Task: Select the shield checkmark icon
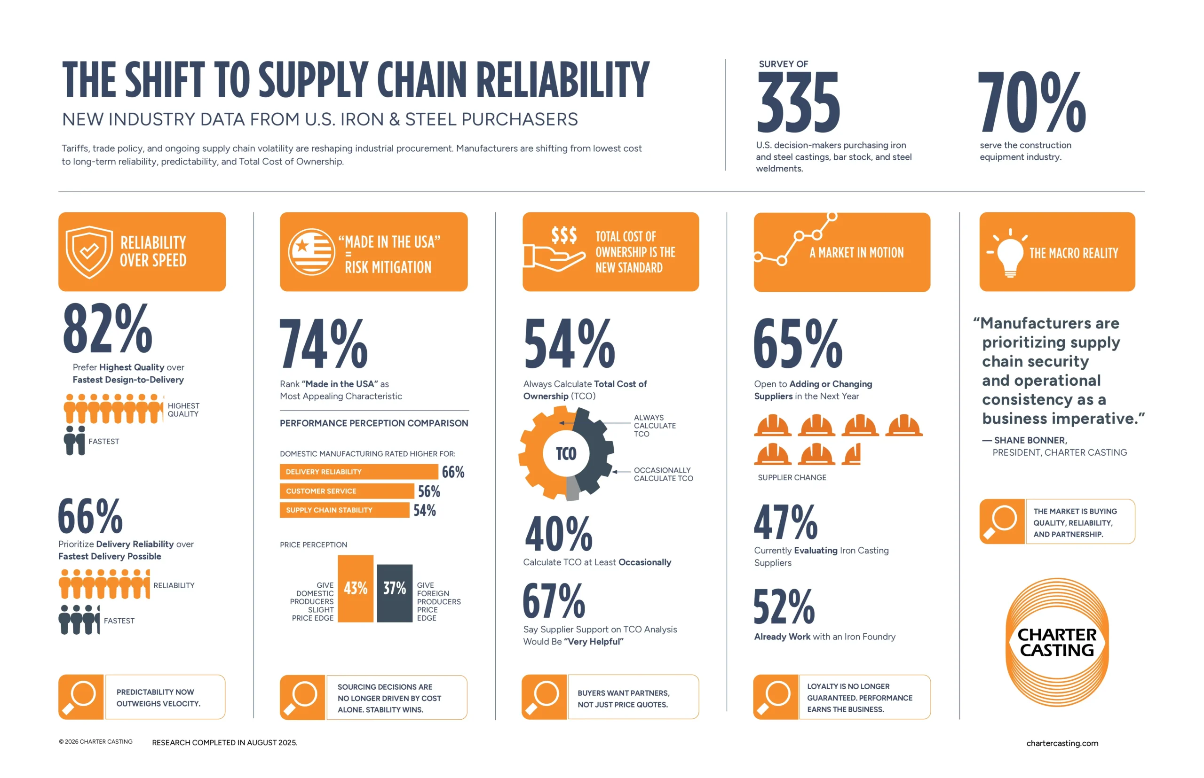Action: coord(89,252)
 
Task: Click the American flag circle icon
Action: coord(311,252)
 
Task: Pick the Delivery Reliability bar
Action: coord(358,471)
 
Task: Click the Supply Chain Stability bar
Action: coord(344,510)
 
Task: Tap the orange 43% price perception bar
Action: coord(355,588)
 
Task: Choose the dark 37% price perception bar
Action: coord(394,592)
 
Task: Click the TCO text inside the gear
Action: coord(565,454)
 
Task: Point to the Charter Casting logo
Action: coord(1056,642)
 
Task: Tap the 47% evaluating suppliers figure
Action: coord(785,522)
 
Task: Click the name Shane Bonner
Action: coord(1030,440)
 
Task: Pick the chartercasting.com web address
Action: coord(1061,743)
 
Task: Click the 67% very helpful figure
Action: coord(554,601)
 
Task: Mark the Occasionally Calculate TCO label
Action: coord(663,474)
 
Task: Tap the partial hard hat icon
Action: coord(852,454)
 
